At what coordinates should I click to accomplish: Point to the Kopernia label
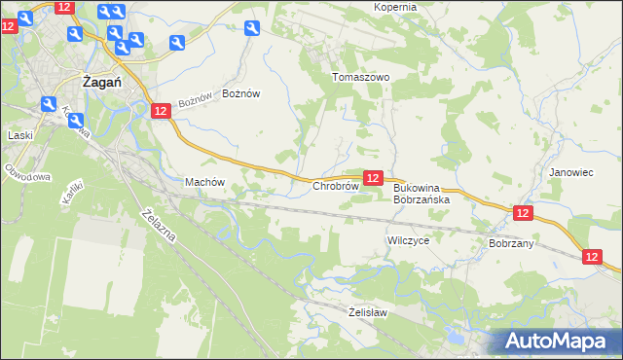click(394, 7)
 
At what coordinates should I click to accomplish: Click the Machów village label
click(204, 182)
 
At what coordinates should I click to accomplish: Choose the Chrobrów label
click(337, 185)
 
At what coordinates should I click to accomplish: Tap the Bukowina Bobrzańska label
click(421, 193)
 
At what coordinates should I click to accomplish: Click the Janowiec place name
click(570, 172)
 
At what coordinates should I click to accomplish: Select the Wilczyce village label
click(408, 239)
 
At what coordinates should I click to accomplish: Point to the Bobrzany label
click(511, 243)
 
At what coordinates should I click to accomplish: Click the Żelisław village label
click(368, 312)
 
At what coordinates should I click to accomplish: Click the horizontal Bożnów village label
click(241, 93)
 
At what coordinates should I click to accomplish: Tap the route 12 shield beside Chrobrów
click(373, 177)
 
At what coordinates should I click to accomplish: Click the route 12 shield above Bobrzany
click(523, 213)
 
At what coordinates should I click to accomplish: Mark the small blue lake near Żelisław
click(453, 340)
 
